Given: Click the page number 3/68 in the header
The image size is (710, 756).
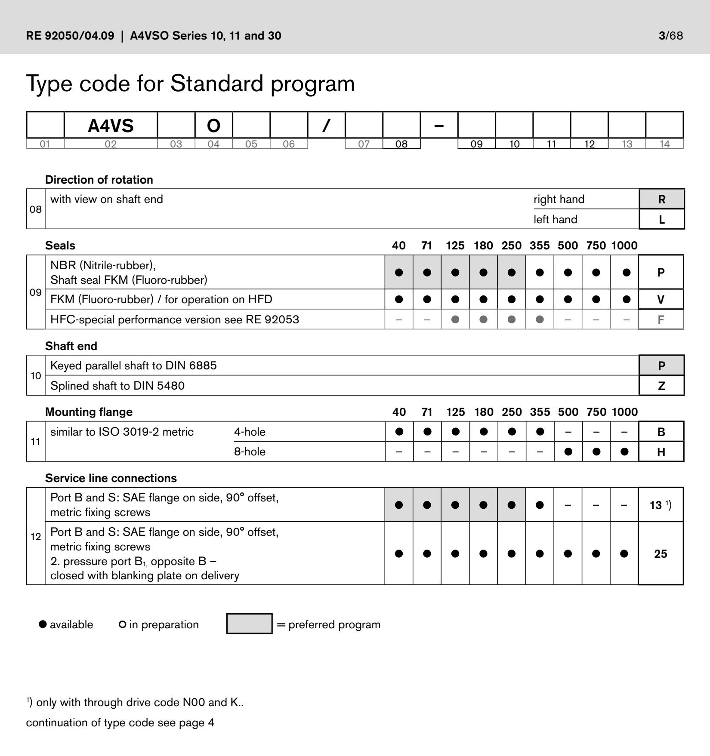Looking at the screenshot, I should [x=670, y=35].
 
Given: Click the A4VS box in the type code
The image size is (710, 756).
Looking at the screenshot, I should [x=111, y=126].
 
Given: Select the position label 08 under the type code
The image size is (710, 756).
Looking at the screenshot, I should [x=401, y=144].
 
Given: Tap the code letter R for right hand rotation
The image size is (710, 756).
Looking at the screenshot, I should [x=661, y=199].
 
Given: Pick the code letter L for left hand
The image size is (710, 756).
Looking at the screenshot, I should [x=661, y=219].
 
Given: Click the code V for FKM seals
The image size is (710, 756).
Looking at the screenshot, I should [x=661, y=299].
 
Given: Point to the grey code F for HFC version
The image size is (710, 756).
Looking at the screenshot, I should [x=661, y=320].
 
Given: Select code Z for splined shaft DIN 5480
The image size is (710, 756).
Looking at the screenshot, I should [x=661, y=386].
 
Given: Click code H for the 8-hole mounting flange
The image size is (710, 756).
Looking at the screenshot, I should [x=661, y=452].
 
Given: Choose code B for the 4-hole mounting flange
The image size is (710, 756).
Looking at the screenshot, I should [x=661, y=432].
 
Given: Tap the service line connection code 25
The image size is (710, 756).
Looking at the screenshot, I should [x=661, y=553].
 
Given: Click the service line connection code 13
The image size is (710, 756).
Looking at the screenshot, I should [x=656, y=505].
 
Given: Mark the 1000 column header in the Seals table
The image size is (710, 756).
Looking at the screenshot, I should [x=624, y=246].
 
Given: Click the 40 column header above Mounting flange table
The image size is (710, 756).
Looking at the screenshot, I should [x=399, y=412].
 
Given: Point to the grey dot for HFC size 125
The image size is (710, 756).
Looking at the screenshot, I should [x=455, y=320].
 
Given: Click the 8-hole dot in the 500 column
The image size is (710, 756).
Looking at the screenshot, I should [x=568, y=452].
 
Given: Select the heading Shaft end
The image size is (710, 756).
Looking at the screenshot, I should [x=71, y=346].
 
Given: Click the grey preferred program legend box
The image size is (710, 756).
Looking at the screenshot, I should [x=249, y=624].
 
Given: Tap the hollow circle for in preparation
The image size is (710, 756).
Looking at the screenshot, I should [x=122, y=624].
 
